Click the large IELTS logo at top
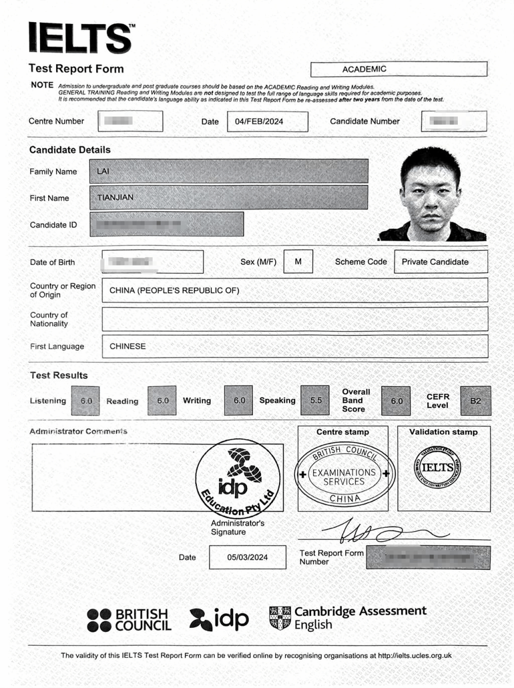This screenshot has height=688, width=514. pyautogui.click(x=80, y=38)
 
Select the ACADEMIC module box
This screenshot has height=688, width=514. pyautogui.click(x=399, y=69)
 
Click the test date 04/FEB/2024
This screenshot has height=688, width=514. pyautogui.click(x=259, y=122)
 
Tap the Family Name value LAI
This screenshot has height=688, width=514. pyautogui.click(x=103, y=171)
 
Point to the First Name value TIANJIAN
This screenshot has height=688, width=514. pyautogui.click(x=115, y=198)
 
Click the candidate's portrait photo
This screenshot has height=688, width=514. pyautogui.click(x=433, y=194)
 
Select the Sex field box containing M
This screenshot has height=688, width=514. pyautogui.click(x=298, y=262)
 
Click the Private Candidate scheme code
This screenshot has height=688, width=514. pyautogui.click(x=435, y=262)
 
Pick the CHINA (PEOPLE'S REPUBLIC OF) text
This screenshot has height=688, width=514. pyautogui.click(x=174, y=290)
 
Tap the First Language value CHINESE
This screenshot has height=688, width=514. pyautogui.click(x=127, y=346)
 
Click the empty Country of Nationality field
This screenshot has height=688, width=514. pyautogui.click(x=295, y=319)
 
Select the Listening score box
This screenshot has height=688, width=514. pyautogui.click(x=86, y=401)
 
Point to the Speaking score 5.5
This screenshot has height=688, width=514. pyautogui.click(x=316, y=401)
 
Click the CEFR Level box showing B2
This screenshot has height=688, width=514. pyautogui.click(x=475, y=401)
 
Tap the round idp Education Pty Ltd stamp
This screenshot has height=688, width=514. pyautogui.click(x=238, y=478)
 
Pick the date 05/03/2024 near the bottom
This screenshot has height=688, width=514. pyautogui.click(x=247, y=557)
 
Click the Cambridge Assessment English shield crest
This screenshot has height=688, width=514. pyautogui.click(x=280, y=618)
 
